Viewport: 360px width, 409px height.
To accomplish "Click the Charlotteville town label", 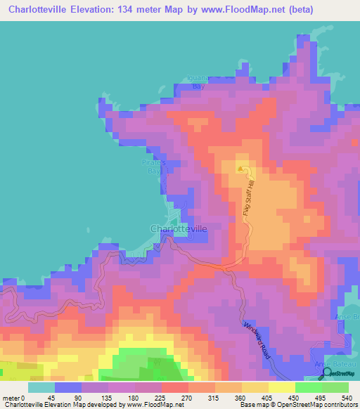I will click(179, 228).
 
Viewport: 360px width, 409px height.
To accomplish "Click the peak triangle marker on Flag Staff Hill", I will click(241, 169).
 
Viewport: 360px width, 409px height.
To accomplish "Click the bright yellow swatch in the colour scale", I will click(282, 387).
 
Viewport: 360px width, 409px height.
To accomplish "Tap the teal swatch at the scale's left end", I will click(41, 387).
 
